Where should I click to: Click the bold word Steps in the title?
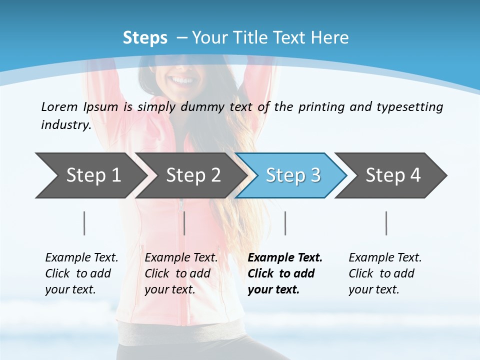(x=145, y=37)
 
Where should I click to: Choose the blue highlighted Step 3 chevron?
(x=293, y=175)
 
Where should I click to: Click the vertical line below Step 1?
(x=84, y=223)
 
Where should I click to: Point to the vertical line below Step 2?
(x=184, y=223)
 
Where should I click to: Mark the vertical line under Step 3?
(x=285, y=223)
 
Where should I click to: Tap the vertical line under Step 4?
(x=386, y=223)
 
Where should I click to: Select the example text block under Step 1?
(x=81, y=273)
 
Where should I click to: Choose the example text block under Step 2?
(x=180, y=273)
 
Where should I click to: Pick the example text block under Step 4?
(x=384, y=273)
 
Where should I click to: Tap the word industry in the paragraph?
(x=66, y=125)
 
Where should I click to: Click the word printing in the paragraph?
(x=317, y=107)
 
